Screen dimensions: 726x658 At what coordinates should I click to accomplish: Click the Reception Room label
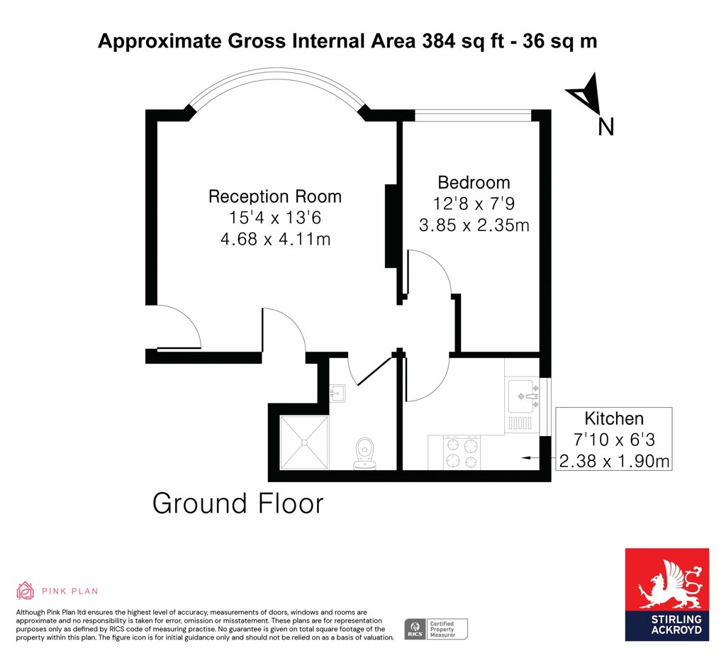pos(275,196)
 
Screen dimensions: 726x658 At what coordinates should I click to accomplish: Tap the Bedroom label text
pos(474,182)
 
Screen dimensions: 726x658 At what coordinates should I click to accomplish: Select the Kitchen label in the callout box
pos(614,418)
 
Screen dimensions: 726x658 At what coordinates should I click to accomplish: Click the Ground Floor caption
pos(238,503)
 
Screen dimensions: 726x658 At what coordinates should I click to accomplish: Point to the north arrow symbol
pos(586,94)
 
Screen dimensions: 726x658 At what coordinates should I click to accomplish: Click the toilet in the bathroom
pos(364,453)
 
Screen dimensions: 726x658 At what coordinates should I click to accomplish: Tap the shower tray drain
pos(304,442)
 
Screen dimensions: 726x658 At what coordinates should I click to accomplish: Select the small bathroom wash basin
pos(337,394)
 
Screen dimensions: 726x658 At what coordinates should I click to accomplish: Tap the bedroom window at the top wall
pos(473,116)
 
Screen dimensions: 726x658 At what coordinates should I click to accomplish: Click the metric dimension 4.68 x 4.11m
pos(276,239)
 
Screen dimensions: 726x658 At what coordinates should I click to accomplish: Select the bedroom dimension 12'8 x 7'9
pos(474,203)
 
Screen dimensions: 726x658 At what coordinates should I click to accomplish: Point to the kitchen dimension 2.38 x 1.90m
pos(615,461)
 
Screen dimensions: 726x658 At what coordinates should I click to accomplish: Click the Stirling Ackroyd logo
pos(666,595)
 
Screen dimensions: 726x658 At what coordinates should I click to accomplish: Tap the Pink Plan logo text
pos(70,591)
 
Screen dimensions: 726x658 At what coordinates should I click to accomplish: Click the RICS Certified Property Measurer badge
pos(436,630)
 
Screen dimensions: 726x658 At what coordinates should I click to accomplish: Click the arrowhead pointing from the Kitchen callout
pos(525,458)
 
